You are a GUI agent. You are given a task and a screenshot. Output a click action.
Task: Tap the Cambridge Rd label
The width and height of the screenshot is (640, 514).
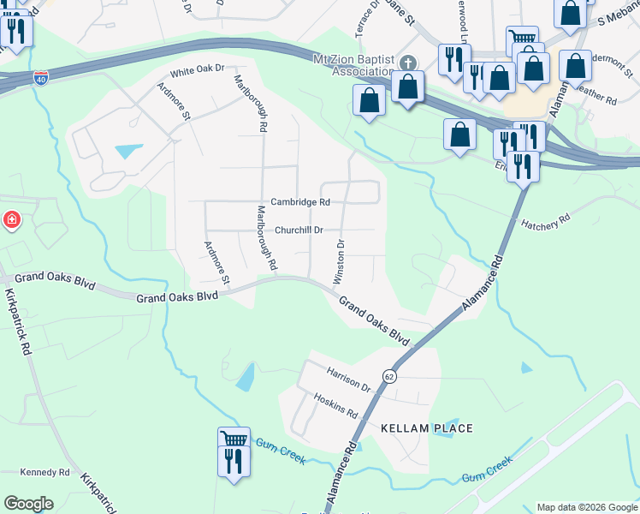[300, 202]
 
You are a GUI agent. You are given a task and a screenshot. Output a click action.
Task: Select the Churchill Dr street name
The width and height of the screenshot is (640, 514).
[299, 230]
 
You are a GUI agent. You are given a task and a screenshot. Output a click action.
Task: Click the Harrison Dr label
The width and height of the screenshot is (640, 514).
[348, 380]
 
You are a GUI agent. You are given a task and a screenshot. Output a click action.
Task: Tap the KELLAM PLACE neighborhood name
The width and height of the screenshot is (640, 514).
[415, 427]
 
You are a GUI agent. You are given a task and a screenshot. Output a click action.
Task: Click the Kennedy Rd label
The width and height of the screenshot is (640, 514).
[45, 472]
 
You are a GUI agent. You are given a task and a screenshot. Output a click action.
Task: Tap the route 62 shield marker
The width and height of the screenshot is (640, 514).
[389, 376]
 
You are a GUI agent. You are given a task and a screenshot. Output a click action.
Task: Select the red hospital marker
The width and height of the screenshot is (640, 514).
[11, 220]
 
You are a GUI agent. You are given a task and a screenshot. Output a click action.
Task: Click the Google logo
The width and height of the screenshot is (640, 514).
[28, 504]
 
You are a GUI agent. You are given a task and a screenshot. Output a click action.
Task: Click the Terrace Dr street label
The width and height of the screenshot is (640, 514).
[368, 17]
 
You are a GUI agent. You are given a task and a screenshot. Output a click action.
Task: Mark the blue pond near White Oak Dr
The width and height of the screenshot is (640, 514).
[129, 151]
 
